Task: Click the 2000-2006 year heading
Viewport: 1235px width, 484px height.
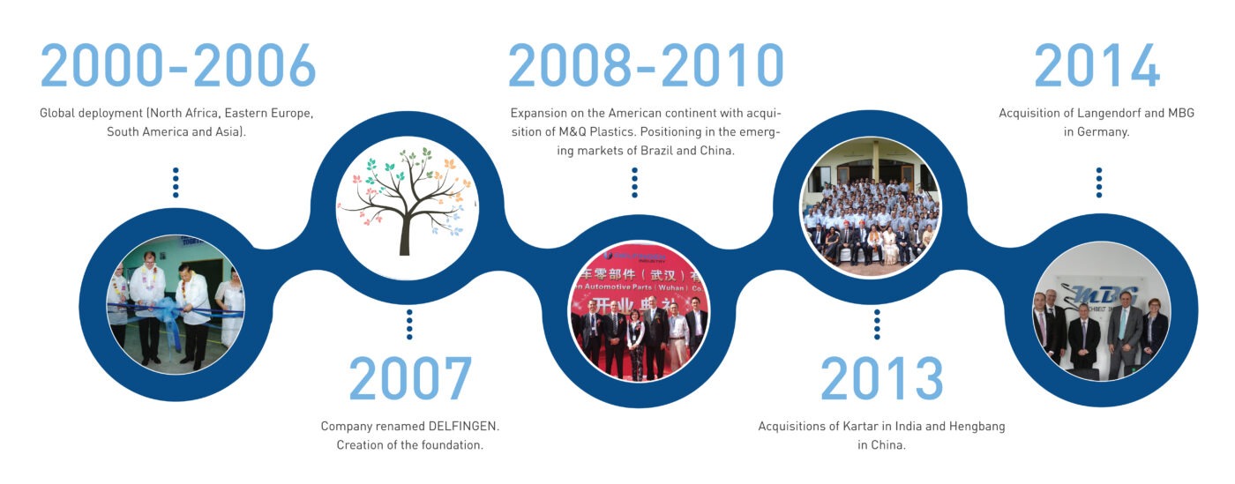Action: coord(177,65)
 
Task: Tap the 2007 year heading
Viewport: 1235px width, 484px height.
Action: coord(410,379)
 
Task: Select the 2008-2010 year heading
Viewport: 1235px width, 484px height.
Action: coord(646,65)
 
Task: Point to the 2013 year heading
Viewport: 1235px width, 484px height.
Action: coord(882,379)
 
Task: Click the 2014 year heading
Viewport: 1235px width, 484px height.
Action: coord(1097,65)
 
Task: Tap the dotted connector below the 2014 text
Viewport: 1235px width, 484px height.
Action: coord(1098,182)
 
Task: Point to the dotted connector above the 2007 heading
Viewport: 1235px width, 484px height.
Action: coord(408,324)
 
